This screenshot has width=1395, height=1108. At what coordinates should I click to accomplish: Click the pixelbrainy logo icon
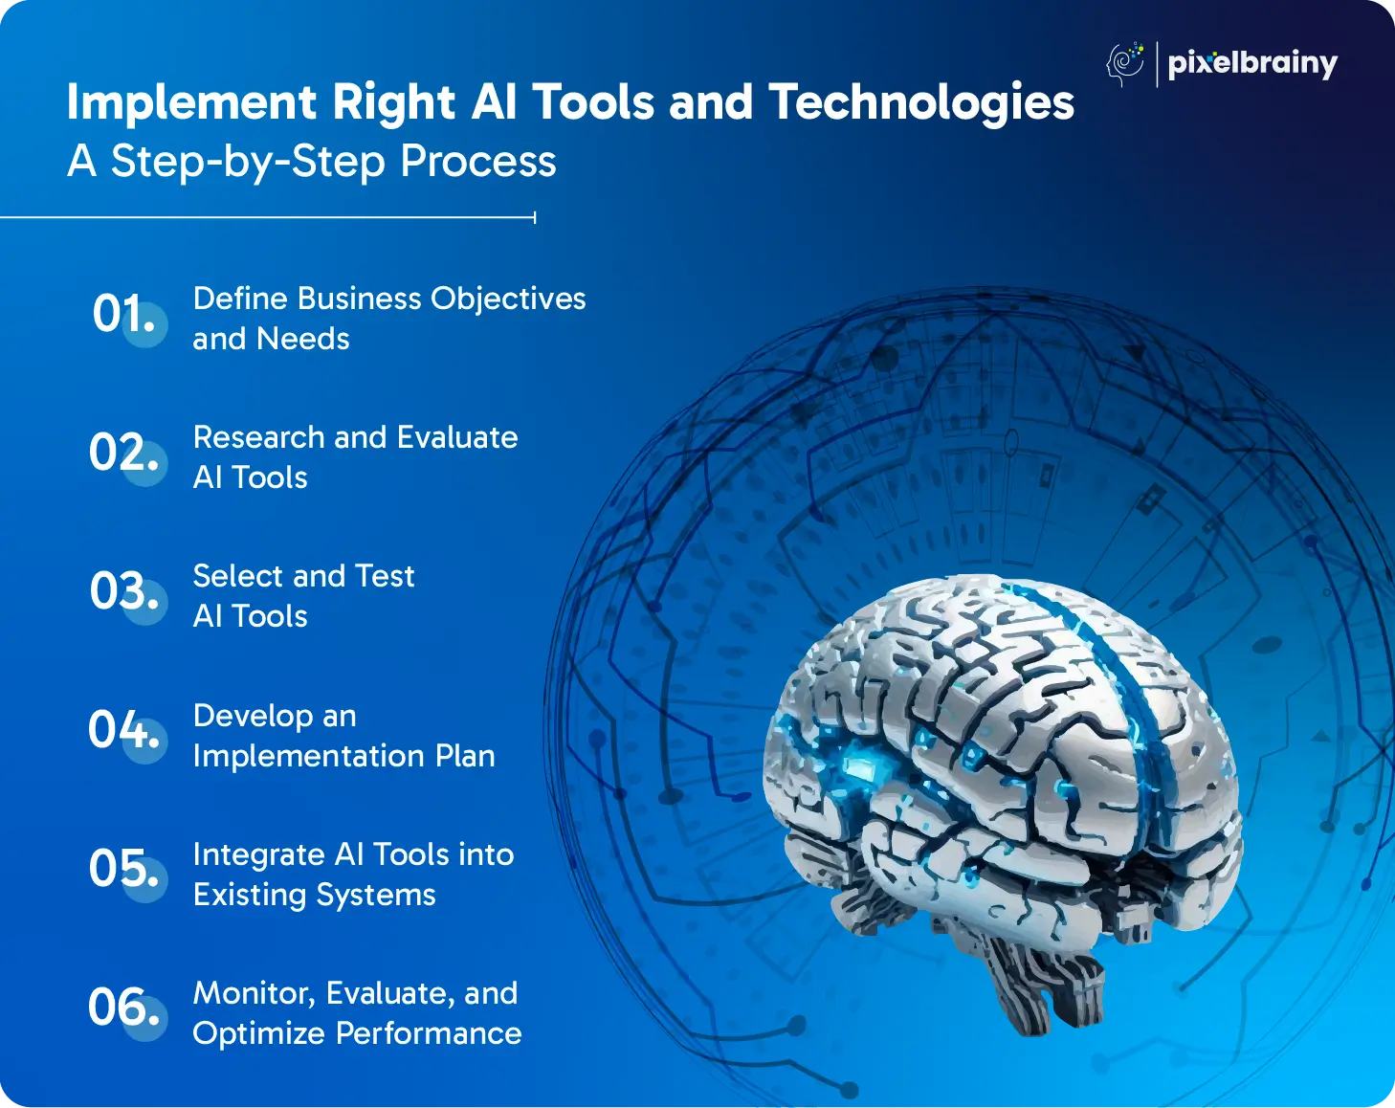point(1125,63)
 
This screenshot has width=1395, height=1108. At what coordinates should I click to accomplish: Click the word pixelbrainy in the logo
point(1252,64)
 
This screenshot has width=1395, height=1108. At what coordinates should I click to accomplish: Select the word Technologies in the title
point(921,102)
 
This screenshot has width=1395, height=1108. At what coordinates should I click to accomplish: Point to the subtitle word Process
point(478,161)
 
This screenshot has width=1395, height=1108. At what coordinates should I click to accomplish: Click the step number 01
point(123,314)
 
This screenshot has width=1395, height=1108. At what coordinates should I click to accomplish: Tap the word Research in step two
point(258,437)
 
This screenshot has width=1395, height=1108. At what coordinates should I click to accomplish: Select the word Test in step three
point(385,576)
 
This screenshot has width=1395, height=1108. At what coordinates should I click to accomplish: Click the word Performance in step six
point(429,1033)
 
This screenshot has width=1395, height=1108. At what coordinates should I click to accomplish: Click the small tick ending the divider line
point(535,217)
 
